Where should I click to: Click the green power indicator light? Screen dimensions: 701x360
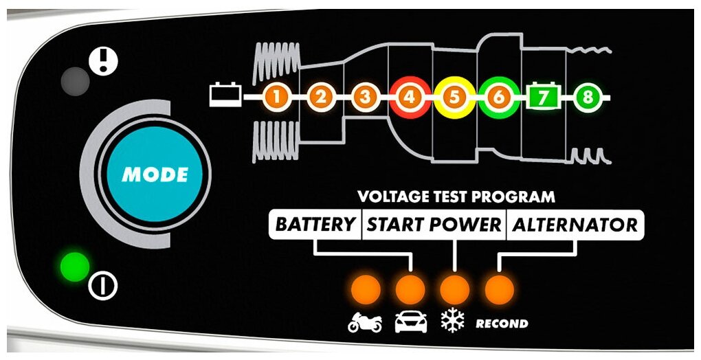(74, 267)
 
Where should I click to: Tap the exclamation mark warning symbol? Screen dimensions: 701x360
(104, 61)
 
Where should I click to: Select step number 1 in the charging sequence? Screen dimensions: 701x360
(276, 98)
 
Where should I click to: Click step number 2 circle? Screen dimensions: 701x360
(320, 98)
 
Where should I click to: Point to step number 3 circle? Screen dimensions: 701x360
(365, 98)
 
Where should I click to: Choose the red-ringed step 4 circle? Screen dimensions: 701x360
(410, 98)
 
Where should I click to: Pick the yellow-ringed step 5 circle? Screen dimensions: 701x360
(454, 98)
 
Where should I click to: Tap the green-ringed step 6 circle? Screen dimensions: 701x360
(498, 98)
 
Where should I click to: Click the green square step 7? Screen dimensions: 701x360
(543, 98)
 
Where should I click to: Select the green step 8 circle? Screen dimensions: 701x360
(587, 98)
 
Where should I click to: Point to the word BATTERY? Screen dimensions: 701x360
(315, 225)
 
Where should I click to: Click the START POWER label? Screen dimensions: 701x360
(434, 225)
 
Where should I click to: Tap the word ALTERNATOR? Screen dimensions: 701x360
(575, 225)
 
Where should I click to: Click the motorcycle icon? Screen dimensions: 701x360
(365, 322)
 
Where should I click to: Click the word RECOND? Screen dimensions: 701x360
(502, 323)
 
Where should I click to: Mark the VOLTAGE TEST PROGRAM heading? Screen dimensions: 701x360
(456, 197)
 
